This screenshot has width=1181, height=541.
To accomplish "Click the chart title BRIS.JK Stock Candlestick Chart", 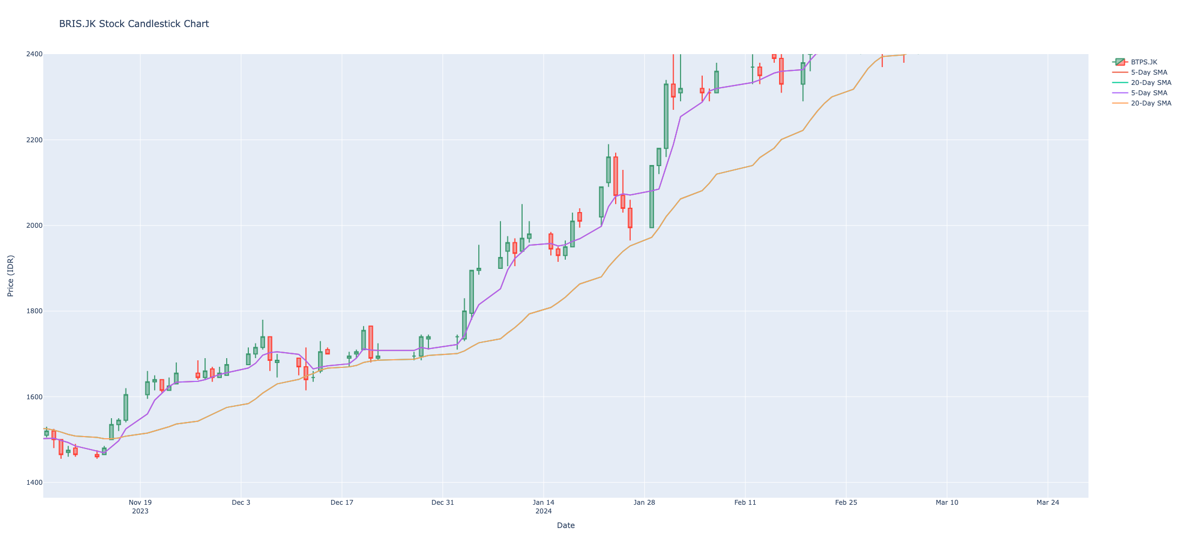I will [x=134, y=24].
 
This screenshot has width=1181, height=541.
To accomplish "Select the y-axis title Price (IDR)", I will [x=11, y=275].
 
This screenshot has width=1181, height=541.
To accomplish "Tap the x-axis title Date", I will [x=565, y=525].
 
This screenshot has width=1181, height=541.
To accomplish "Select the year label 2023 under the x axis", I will [x=140, y=511].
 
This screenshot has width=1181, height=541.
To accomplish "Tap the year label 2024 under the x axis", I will [x=544, y=511].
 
